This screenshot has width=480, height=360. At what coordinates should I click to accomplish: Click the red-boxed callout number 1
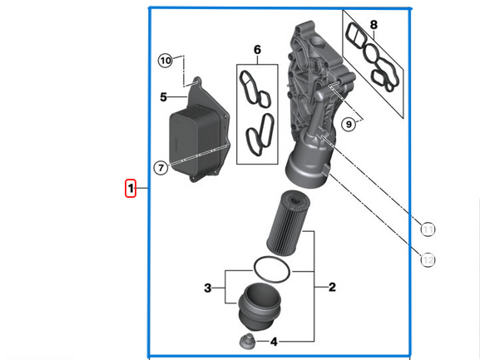point(131,189)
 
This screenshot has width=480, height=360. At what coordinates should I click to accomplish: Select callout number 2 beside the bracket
point(332,288)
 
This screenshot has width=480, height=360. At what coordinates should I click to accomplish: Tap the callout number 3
point(207,288)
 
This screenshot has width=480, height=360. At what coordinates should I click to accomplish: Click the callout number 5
point(164,97)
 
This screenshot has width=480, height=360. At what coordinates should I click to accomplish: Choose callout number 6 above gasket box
point(257,51)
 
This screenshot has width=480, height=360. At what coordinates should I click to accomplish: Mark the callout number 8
point(374,25)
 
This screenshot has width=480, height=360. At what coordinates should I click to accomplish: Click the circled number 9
point(349,125)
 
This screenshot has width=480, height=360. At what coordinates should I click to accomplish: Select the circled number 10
point(166,61)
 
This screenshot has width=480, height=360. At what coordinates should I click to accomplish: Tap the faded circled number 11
point(428,230)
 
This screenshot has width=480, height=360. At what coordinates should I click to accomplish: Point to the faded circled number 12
point(428,260)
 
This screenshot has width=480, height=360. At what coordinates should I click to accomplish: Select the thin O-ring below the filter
point(271,269)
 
